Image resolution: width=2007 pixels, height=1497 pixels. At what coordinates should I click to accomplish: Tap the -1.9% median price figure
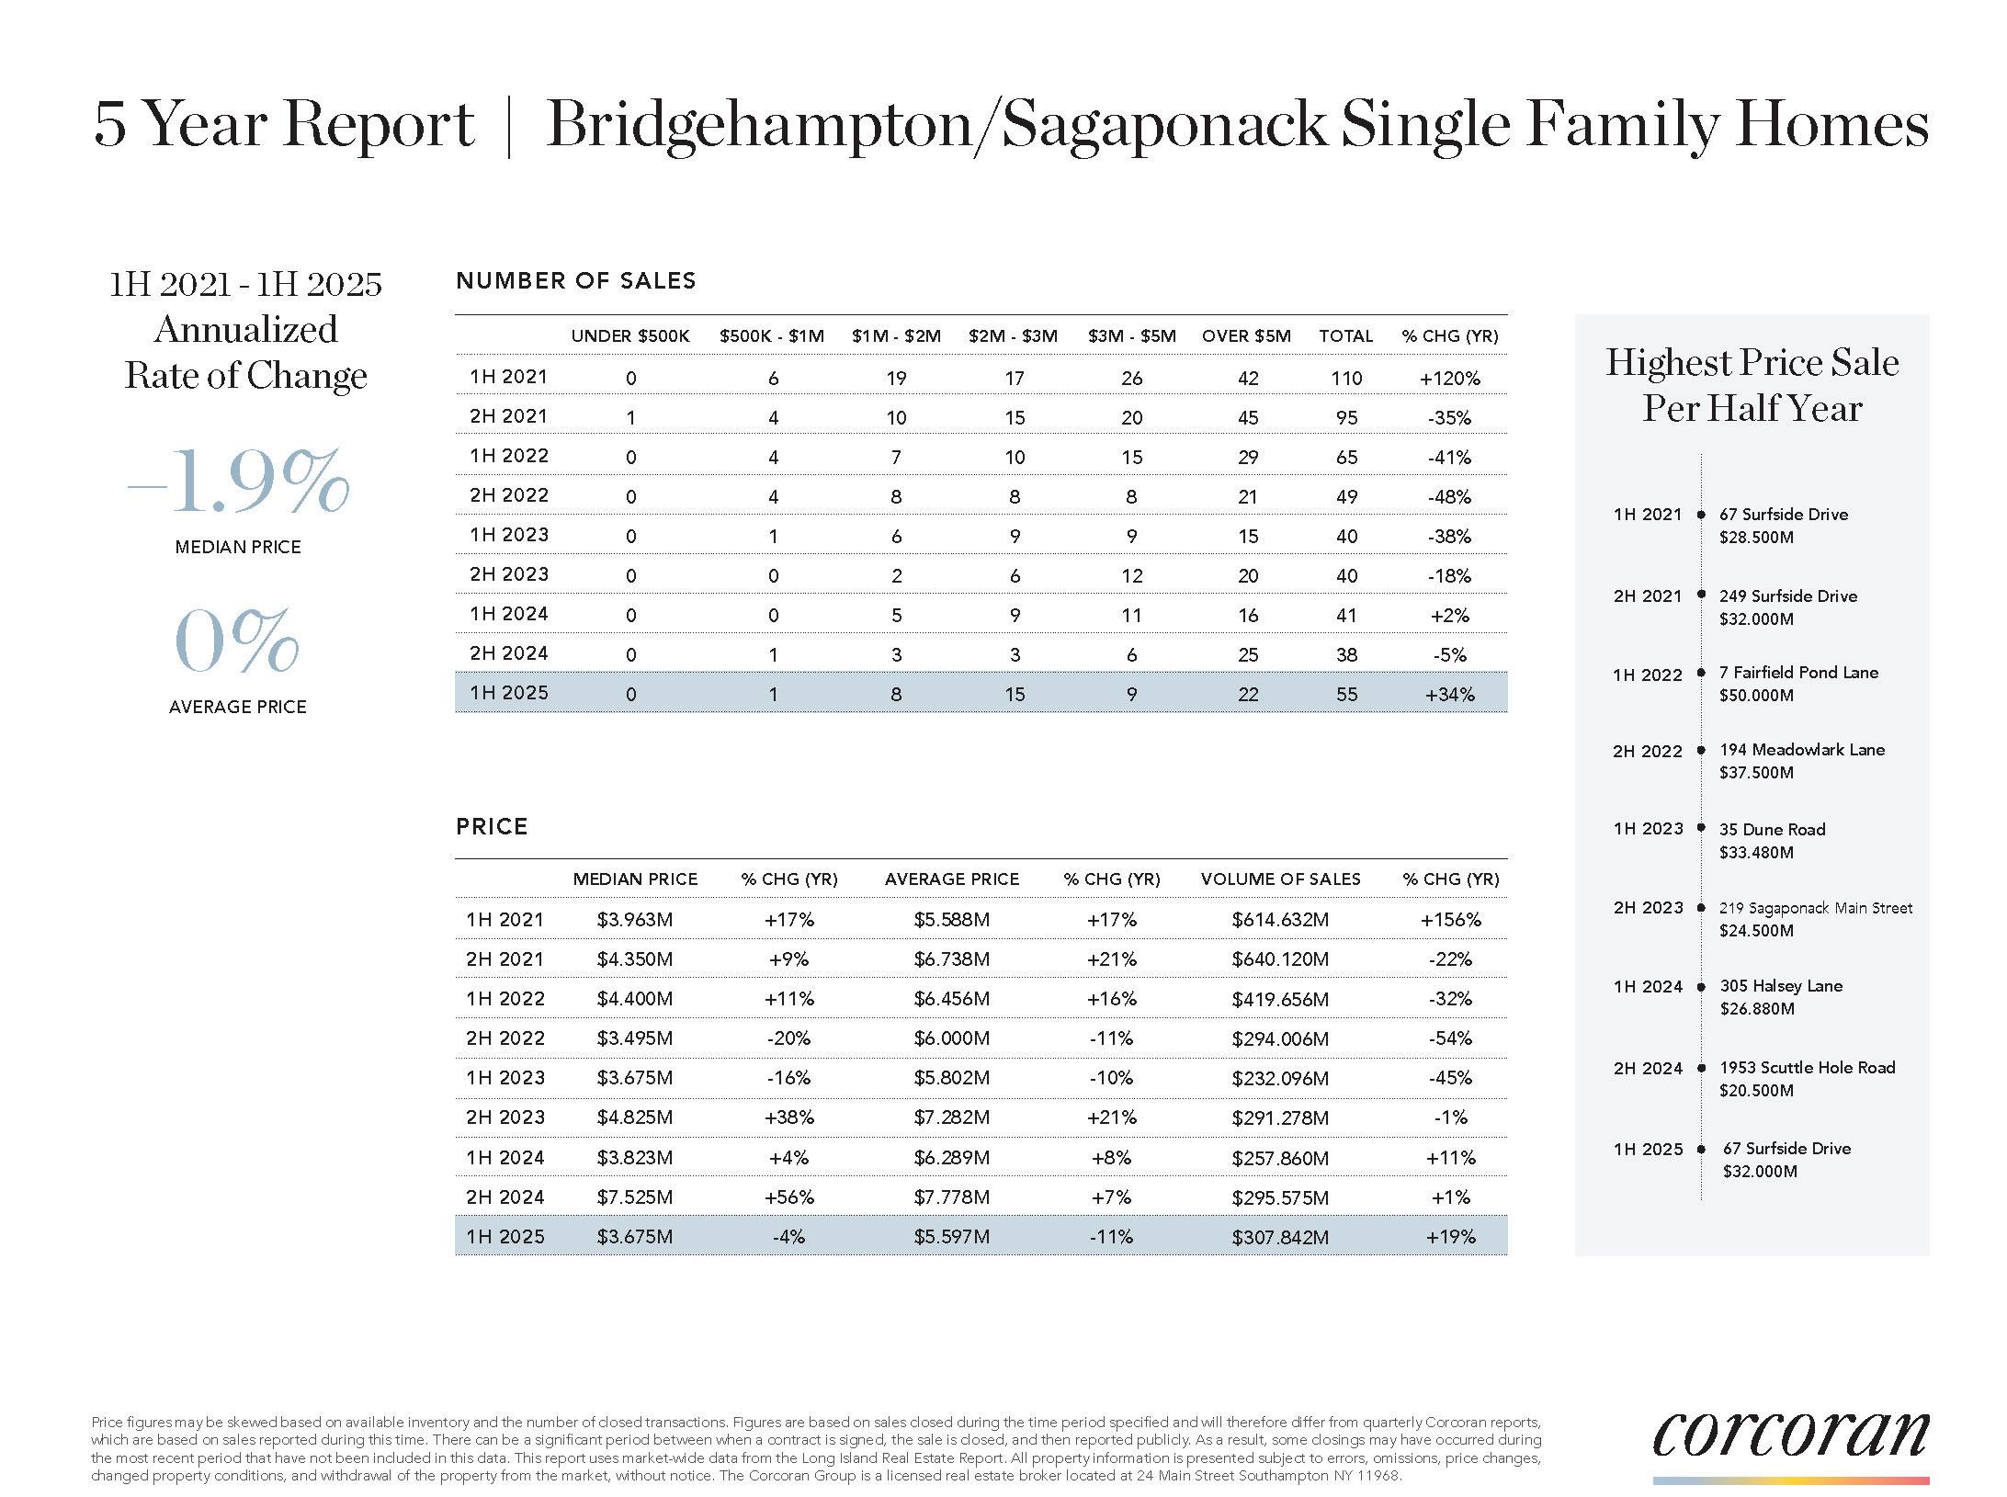pos(238,482)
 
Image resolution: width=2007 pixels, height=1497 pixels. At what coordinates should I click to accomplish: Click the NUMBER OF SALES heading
pos(576,281)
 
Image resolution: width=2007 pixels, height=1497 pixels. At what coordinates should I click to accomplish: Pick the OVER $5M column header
pos(1246,336)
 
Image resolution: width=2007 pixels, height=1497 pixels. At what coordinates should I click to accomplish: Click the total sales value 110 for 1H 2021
pos(1346,378)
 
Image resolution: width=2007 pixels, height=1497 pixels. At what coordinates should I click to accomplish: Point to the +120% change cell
pos(1449,378)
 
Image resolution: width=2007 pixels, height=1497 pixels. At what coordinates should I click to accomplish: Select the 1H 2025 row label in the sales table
pos(508,693)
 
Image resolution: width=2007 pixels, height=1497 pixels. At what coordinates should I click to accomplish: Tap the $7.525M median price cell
pos(634,1197)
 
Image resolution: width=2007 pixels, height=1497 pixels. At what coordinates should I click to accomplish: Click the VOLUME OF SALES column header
pos(1280,879)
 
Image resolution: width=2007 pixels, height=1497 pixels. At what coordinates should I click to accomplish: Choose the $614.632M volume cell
pos(1280,920)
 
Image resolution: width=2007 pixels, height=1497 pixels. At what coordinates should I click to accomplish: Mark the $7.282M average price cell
pos(951,1117)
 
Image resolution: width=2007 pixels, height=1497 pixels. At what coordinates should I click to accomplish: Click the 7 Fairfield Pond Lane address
pos(1798,673)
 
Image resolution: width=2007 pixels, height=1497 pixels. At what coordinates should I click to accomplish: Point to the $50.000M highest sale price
pos(1756,696)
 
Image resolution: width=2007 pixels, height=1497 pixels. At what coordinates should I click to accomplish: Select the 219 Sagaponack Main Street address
pos(1816,908)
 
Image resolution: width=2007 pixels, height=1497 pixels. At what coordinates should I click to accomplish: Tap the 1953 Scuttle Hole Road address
pos(1808,1068)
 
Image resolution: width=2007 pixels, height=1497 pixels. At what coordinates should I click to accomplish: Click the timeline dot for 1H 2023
pos(1701,828)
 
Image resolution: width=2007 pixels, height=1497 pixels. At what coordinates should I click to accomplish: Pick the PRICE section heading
pos(492,827)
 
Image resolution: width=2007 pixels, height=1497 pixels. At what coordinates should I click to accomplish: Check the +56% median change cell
pos(789,1197)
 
